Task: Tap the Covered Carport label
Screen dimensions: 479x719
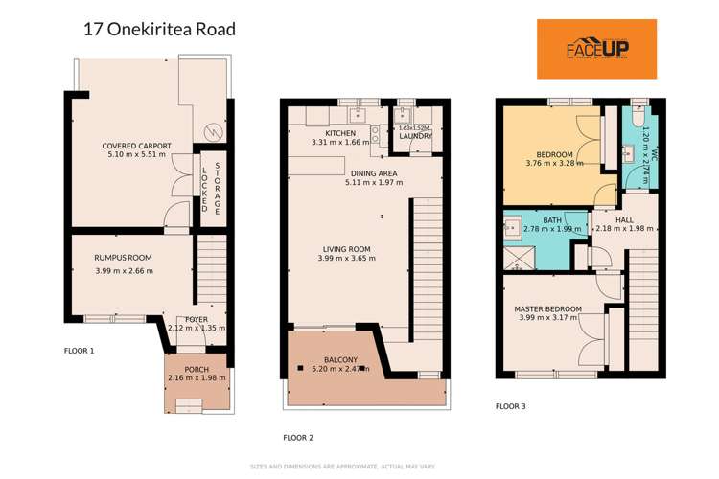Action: tap(136, 146)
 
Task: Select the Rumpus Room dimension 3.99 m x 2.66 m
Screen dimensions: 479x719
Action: tap(124, 270)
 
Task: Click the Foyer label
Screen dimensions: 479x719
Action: tap(196, 318)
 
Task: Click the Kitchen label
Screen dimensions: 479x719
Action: tap(340, 133)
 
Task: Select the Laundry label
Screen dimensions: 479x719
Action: tap(415, 136)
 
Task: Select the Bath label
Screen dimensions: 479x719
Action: tap(552, 220)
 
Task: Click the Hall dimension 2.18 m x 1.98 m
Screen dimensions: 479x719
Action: tap(624, 229)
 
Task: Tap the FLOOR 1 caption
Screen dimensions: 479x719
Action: tap(79, 352)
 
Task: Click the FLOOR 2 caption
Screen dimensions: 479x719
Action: tap(298, 438)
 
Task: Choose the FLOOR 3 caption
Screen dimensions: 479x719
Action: tap(510, 406)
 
